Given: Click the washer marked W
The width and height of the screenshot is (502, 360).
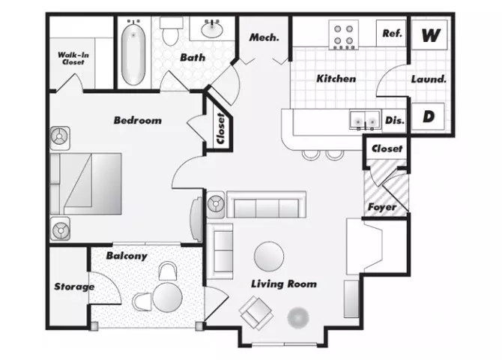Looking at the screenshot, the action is tap(429, 34).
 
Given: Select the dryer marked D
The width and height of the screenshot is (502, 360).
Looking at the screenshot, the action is tap(428, 116).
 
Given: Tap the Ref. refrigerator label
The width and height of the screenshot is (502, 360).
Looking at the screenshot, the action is tap(392, 33).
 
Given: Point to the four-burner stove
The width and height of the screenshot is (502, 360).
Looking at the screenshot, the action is tap(343, 34).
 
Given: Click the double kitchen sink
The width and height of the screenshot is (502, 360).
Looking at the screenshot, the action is tap(366, 120).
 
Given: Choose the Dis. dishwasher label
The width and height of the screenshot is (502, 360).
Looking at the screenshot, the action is tap(395, 120).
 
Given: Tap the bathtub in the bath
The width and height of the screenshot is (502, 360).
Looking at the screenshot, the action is tap(133, 53).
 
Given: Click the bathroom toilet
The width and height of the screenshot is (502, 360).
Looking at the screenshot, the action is tap(171, 31).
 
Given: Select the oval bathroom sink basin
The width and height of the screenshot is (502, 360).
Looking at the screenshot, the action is tap(212, 29).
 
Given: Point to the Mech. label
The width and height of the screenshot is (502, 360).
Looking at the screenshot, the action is tap(264, 37).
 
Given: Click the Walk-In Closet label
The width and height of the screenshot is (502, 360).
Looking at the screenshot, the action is tap(73, 58).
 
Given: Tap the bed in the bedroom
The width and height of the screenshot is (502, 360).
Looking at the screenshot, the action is tap(86, 184).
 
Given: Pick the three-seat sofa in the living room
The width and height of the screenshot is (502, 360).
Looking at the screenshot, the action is tap(267, 205).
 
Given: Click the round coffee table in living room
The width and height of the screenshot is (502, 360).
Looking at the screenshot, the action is tap(269, 256).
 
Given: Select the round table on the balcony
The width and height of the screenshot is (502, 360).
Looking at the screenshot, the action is tap(167, 298).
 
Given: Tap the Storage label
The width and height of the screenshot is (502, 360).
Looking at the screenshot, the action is tap(74, 286).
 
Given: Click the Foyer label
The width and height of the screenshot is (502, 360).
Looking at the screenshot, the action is tap(382, 207).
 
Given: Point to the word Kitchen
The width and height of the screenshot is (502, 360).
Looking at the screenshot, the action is tap(336, 79).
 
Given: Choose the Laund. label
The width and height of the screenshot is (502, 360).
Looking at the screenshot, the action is tap(429, 79).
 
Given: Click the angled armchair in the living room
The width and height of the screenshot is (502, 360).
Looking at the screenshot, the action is tap(256, 313).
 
